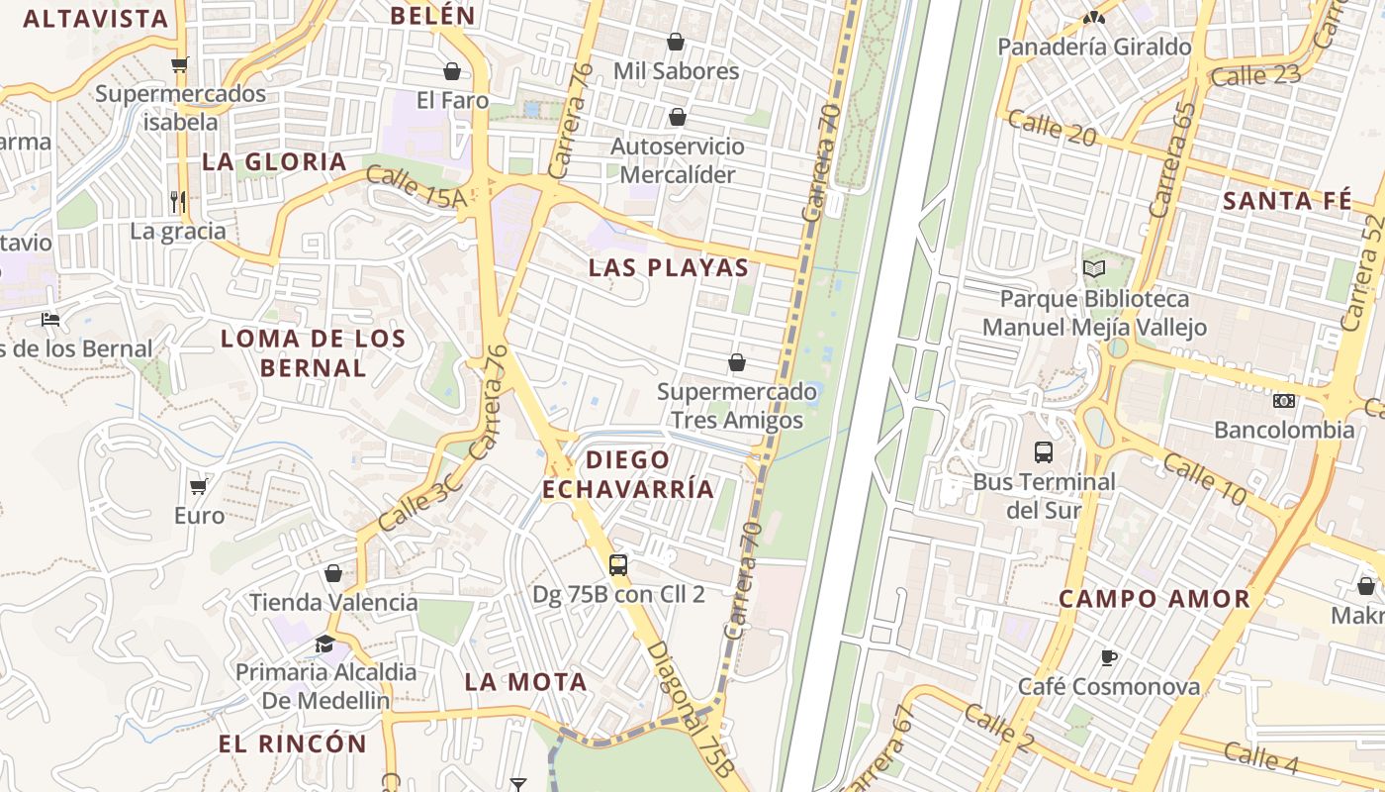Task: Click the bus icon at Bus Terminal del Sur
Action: point(1043,452)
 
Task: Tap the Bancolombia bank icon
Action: point(1284,401)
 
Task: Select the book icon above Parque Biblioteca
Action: point(1093,268)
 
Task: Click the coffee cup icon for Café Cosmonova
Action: point(1108,657)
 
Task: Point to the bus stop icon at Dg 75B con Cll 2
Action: point(618,565)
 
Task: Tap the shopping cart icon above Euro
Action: point(199,486)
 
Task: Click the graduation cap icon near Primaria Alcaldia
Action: point(324,644)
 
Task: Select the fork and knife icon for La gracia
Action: point(178,202)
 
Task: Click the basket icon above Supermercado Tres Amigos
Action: point(736,362)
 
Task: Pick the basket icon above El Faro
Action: point(452,71)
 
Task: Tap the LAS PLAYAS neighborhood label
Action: point(669,268)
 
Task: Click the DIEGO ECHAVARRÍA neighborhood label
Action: point(627,474)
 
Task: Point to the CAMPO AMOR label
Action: point(1154,599)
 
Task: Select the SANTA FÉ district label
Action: point(1287,201)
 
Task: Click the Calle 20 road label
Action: point(1052,129)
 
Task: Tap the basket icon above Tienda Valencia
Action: point(333,573)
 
